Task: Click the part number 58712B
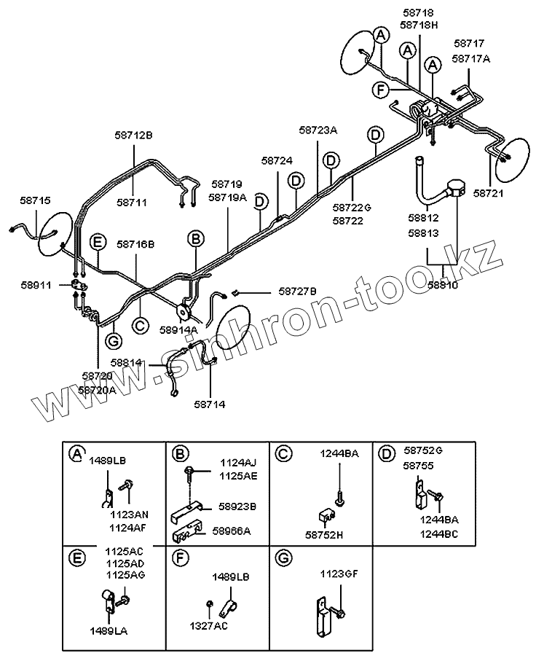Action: click(x=134, y=135)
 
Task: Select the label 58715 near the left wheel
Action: click(x=36, y=200)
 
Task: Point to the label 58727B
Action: click(x=298, y=292)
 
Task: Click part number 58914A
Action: click(x=178, y=329)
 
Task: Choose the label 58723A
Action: click(x=318, y=130)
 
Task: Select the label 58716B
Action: click(x=135, y=244)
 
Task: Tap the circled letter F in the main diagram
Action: click(x=380, y=90)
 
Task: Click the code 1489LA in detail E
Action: click(x=108, y=630)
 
